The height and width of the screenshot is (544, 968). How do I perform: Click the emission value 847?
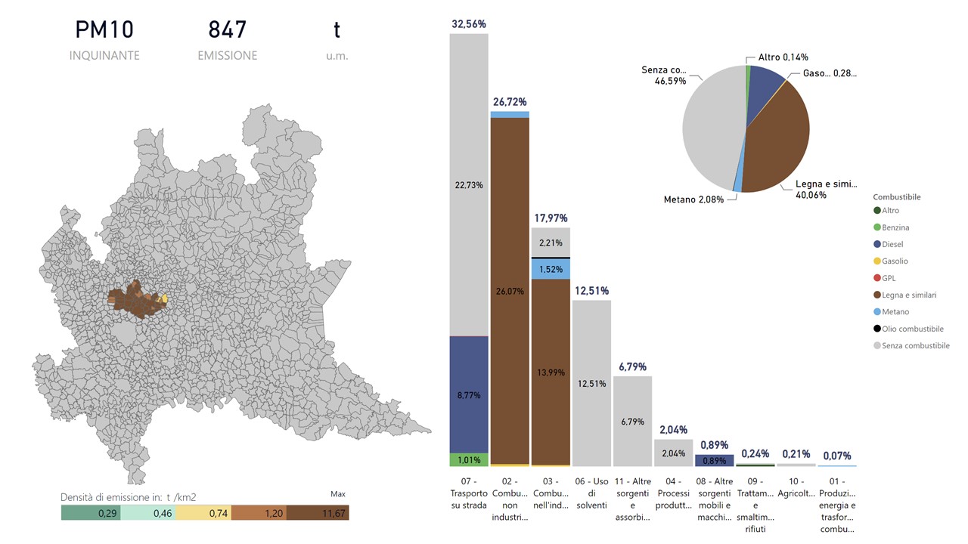227,30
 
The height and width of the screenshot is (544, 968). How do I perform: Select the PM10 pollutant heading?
104,30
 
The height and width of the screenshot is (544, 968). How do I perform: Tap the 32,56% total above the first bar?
469,24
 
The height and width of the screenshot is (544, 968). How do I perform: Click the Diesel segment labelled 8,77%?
469,394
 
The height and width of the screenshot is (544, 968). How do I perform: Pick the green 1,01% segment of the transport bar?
469,459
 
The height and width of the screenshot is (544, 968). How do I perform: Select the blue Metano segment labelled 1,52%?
551,269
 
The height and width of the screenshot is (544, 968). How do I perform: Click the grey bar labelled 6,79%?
632,421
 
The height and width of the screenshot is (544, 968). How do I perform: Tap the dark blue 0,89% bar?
714,460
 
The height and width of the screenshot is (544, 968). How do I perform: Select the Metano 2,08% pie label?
693,199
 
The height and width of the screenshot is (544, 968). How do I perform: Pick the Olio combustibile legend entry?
911,329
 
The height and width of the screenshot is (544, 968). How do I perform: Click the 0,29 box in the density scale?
89,513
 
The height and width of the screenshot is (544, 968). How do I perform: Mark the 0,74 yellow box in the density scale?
203,513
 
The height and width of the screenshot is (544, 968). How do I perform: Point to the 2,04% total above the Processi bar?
673,430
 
